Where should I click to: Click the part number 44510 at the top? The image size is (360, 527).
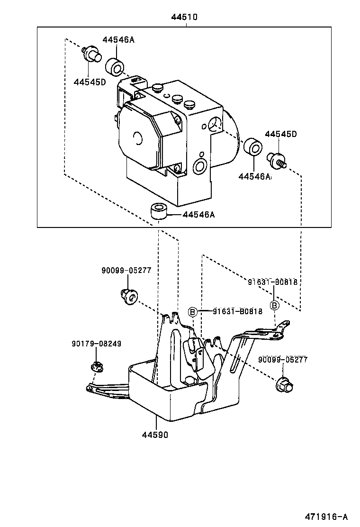[184, 17]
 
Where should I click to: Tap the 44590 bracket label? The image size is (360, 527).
[155, 435]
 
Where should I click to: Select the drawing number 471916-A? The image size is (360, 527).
[326, 517]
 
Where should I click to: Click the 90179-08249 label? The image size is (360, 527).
[96, 344]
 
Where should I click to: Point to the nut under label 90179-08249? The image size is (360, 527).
[97, 366]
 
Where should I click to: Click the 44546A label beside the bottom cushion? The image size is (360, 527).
[198, 214]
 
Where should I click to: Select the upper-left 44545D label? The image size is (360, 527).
[90, 82]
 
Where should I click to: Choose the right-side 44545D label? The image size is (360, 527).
[281, 134]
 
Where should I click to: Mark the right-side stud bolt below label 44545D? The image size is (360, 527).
[276, 160]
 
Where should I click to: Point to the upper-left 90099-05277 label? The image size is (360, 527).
[126, 270]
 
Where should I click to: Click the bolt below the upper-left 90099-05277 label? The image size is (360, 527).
[129, 296]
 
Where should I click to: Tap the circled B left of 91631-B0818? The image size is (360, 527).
[192, 312]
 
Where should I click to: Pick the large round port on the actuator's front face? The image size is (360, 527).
[200, 166]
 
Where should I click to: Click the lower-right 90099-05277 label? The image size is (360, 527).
[283, 360]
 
